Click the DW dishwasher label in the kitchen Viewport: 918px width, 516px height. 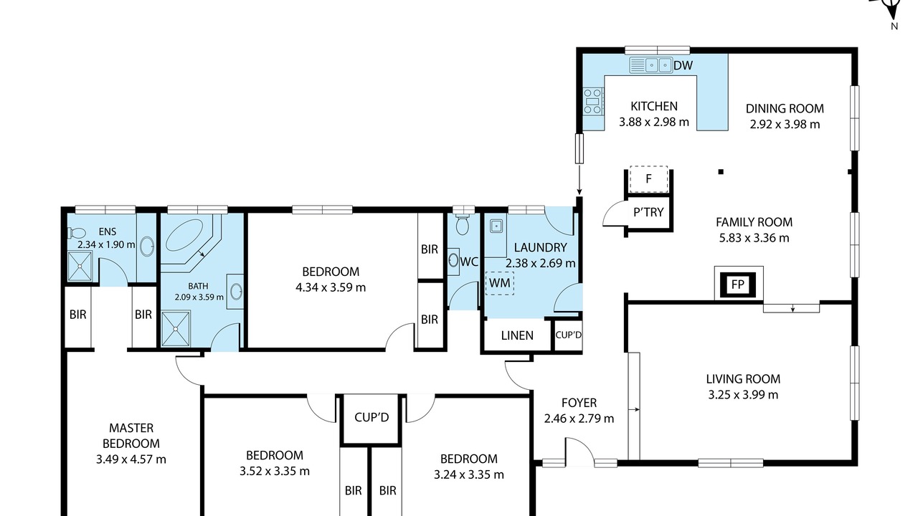click(683, 65)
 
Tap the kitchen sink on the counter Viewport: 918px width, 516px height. click(650, 65)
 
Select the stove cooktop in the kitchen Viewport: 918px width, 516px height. click(593, 101)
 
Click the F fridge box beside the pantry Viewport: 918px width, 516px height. click(649, 179)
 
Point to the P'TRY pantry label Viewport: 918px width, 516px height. click(648, 212)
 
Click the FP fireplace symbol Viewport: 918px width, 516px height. click(738, 285)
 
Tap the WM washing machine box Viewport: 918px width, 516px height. click(500, 283)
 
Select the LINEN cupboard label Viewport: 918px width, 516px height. click(517, 336)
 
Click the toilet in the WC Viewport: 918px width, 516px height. click(463, 223)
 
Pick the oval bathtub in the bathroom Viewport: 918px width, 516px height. click(185, 236)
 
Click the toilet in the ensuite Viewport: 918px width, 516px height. click(77, 233)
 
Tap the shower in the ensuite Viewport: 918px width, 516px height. click(80, 266)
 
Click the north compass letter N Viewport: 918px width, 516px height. click(894, 27)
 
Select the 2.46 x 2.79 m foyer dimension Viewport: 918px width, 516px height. click(579, 419)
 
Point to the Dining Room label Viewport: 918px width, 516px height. click(785, 108)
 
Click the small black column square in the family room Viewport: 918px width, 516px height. click(721, 172)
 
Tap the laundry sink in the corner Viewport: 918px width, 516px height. click(496, 226)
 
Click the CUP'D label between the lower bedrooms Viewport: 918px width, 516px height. click(372, 418)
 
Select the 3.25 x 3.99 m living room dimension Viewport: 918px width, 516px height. click(744, 395)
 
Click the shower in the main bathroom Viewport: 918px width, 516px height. click(176, 329)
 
